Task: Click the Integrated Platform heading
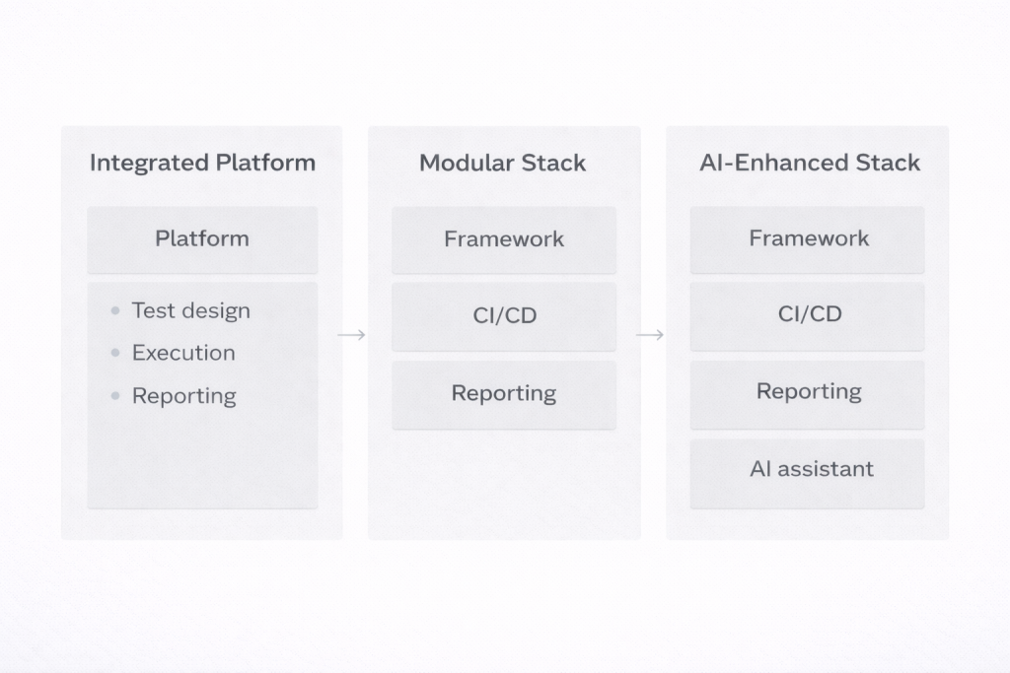click(202, 163)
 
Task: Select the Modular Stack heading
click(502, 163)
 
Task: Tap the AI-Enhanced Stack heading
click(809, 163)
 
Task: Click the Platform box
click(202, 238)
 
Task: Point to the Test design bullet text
click(190, 310)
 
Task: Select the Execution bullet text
click(183, 353)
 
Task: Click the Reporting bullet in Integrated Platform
click(183, 396)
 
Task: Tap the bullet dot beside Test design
click(115, 310)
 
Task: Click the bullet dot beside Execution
click(115, 353)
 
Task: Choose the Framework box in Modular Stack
click(503, 238)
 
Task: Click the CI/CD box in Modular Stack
click(503, 316)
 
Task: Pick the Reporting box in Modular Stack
click(503, 393)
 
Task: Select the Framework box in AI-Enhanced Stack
click(808, 238)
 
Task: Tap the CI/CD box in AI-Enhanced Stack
click(808, 314)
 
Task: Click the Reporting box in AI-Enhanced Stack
click(808, 391)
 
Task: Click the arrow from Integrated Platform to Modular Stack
click(352, 335)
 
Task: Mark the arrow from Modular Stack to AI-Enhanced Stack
click(650, 335)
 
